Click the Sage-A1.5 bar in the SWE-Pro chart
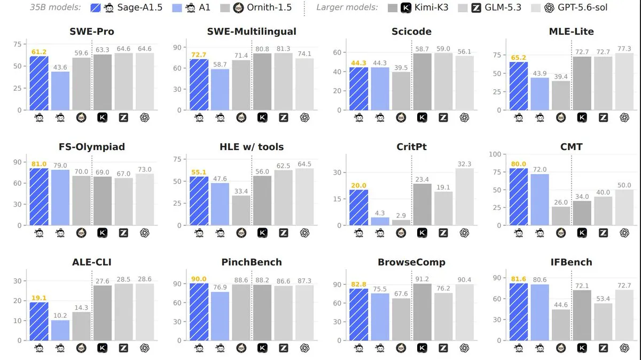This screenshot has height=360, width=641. point(39,83)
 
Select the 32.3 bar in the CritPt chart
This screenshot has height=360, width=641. point(464,197)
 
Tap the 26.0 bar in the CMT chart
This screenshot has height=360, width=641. point(561,216)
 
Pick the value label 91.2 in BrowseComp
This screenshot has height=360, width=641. point(422,279)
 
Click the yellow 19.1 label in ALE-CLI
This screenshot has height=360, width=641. point(39,298)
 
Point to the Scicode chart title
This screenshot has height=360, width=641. point(411,32)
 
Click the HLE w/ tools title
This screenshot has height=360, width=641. point(252,147)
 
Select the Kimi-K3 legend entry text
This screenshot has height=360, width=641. point(431,7)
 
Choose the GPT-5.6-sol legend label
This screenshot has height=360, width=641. point(582,7)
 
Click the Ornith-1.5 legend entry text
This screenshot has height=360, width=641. point(269,7)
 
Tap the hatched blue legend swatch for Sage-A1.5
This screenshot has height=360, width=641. point(95,7)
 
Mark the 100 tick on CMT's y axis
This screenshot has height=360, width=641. point(495,154)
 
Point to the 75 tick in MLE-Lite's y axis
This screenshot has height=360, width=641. point(497,55)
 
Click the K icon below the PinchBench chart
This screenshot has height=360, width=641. point(262,348)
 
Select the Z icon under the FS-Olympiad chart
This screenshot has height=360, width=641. point(123,233)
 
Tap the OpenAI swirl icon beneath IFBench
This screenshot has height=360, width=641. point(624,348)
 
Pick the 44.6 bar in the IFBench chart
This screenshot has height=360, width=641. point(561,325)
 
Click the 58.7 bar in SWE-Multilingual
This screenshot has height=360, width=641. point(220,90)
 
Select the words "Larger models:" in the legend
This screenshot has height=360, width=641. point(347,7)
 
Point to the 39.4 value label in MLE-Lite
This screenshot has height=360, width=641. point(561,77)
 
